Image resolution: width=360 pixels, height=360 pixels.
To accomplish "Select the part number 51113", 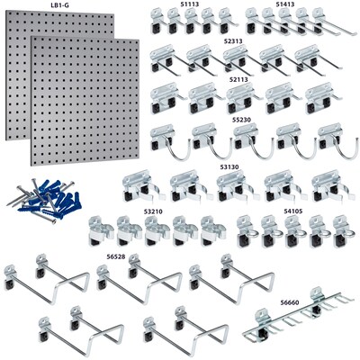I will (190, 4).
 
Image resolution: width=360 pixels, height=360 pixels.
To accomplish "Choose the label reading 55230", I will (243, 118).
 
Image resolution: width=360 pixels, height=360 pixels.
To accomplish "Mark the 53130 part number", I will (231, 166).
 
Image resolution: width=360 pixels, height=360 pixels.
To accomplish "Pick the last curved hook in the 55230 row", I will (333, 139).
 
